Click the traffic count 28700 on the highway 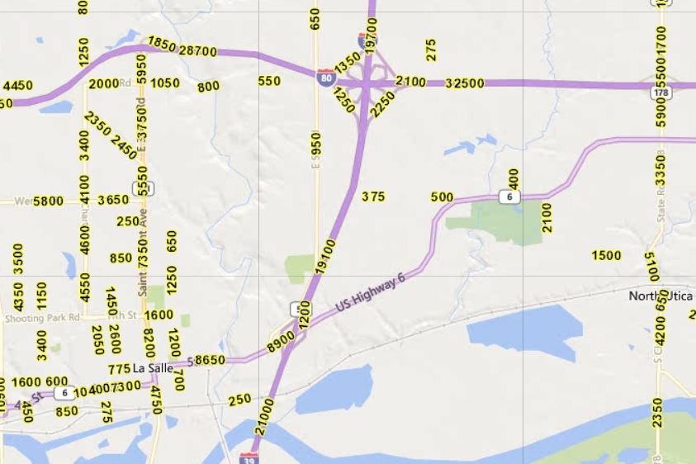point(198,51)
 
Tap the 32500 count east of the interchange point(465,83)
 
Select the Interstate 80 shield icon point(326,78)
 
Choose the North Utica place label point(661,296)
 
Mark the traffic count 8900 point(281,341)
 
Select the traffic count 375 point(373,196)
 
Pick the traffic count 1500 point(607,255)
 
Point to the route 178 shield point(660,93)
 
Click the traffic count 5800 point(48,201)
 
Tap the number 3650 point(113,200)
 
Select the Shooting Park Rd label point(41,317)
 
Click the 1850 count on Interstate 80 point(162,44)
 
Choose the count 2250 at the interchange point(382,104)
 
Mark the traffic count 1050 point(165,83)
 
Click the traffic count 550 point(269,81)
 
